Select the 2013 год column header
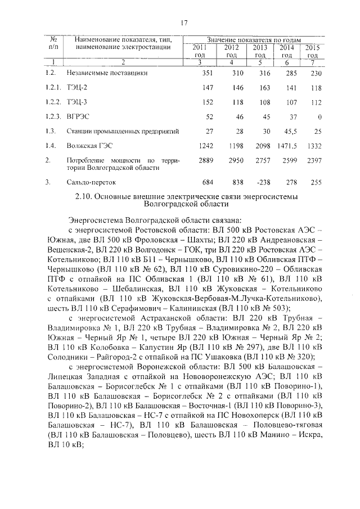click(260, 51)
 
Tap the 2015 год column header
click(312, 51)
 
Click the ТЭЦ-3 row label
click(76, 102)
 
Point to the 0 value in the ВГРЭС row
click(319, 117)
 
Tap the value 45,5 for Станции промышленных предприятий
click(286, 132)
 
